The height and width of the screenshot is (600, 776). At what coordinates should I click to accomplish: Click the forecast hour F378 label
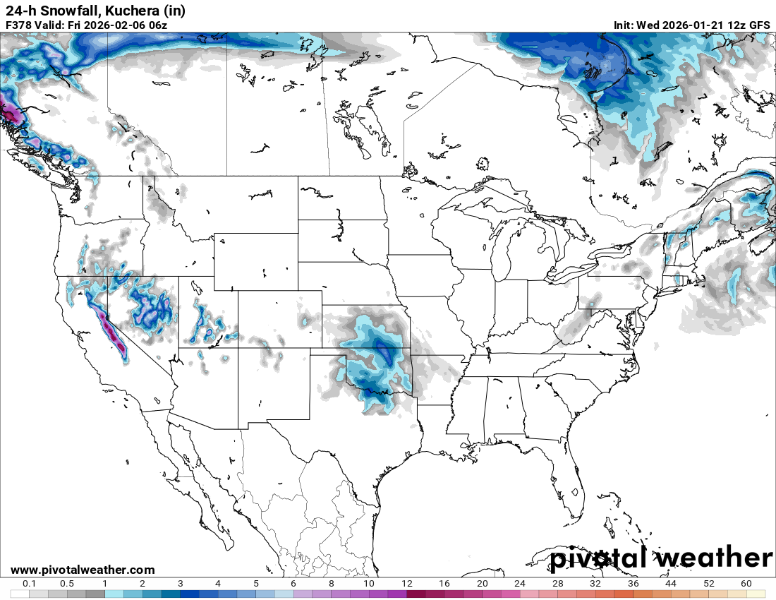[19, 25]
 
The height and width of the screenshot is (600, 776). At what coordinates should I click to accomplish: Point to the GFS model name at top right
[758, 25]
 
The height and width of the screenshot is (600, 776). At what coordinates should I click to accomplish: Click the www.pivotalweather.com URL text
[83, 570]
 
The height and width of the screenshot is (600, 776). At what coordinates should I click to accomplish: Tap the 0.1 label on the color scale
[30, 584]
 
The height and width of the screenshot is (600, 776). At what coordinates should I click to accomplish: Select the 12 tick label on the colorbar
[406, 584]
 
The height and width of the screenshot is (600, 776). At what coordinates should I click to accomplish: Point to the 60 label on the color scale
[746, 584]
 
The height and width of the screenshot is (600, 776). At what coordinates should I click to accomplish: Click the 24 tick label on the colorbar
[520, 584]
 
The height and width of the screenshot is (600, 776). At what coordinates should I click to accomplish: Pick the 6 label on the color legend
[293, 584]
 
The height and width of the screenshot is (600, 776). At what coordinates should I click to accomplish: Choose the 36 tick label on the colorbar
[633, 584]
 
